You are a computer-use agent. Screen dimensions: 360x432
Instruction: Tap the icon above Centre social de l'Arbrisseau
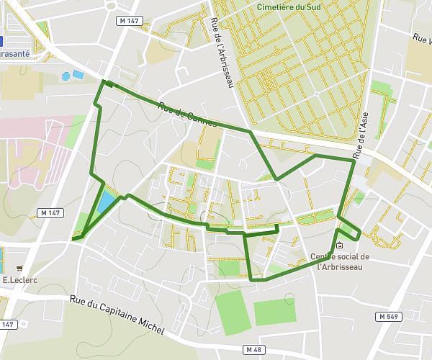(x=340, y=245)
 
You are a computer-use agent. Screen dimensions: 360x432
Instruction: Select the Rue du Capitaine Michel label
(x=117, y=315)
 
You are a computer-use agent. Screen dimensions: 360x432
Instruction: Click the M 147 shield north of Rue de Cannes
(x=128, y=21)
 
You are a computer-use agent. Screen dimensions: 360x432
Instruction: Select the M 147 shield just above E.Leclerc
(x=51, y=213)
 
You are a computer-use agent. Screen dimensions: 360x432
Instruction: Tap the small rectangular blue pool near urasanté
(x=77, y=74)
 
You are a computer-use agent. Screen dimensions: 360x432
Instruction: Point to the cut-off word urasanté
(x=14, y=53)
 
